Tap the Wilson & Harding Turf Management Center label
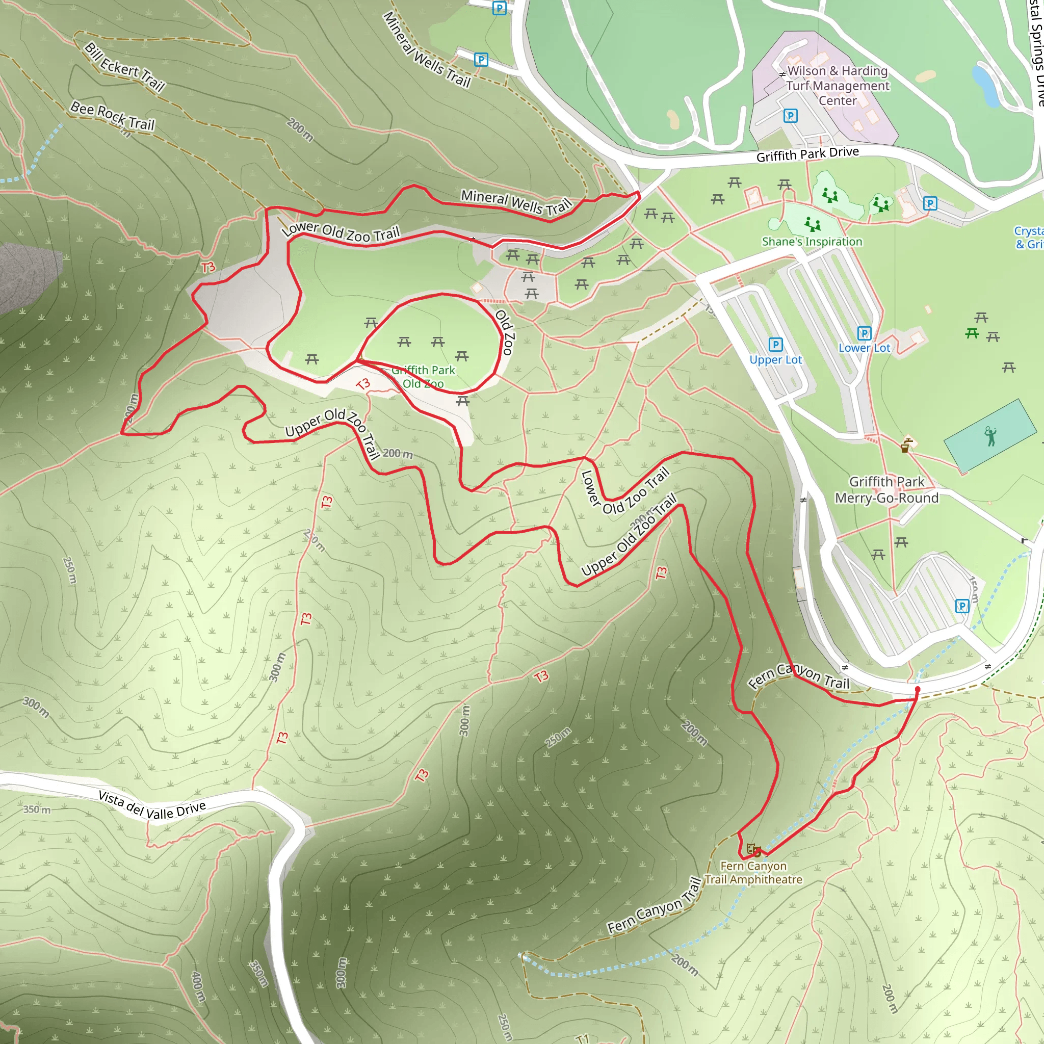tap(837, 85)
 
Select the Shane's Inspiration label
tap(812, 242)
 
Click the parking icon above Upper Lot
tap(775, 344)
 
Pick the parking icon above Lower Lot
tap(864, 333)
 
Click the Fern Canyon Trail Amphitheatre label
tap(753, 872)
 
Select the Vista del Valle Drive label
tap(152, 806)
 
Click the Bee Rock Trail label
tap(112, 116)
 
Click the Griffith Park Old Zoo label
tap(423, 377)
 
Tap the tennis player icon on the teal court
tap(990, 436)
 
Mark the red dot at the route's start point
tap(917, 690)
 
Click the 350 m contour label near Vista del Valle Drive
tap(37, 810)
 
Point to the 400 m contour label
tap(198, 987)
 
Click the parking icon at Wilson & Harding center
tap(790, 115)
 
